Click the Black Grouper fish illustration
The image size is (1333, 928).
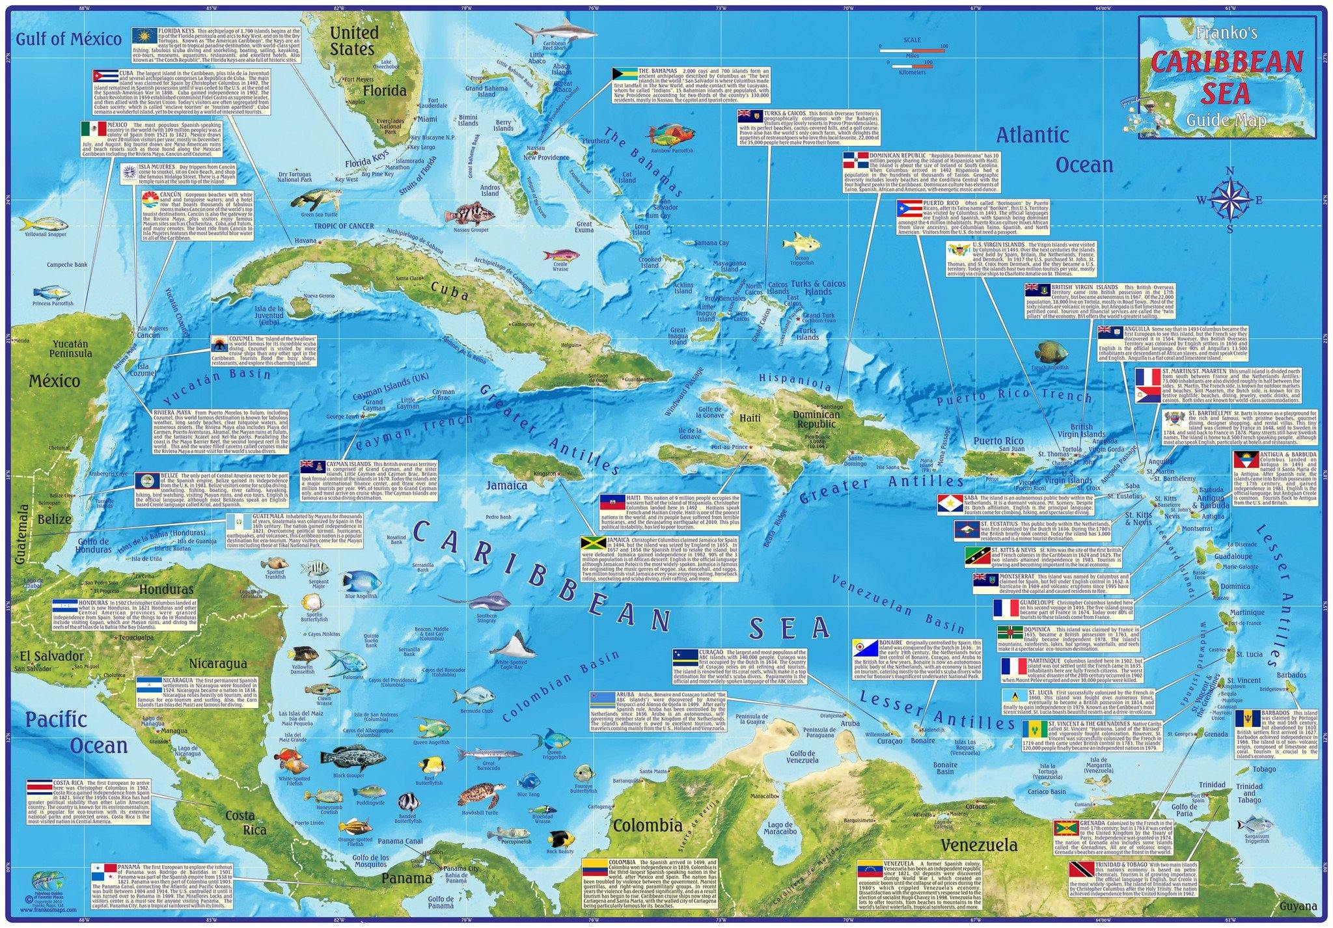pyautogui.click(x=348, y=759)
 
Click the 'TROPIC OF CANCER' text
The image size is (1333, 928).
pyautogui.click(x=344, y=226)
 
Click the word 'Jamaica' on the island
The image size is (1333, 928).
pyautogui.click(x=506, y=485)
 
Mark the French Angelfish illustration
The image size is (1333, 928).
pyautogui.click(x=1051, y=353)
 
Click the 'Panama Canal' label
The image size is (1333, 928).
pyautogui.click(x=404, y=841)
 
